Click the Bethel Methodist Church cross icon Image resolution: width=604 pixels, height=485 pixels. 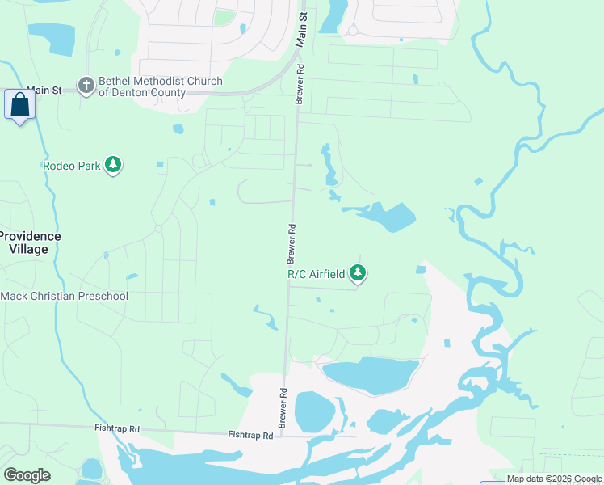pyautogui.click(x=86, y=85)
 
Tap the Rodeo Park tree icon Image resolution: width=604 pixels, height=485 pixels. pyautogui.click(x=114, y=166)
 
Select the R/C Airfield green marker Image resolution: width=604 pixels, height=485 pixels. pyautogui.click(x=358, y=274)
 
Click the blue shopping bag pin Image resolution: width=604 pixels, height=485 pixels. pyautogui.click(x=19, y=105)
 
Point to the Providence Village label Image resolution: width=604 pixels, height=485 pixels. pyautogui.click(x=30, y=242)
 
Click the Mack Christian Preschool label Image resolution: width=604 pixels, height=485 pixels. pyautogui.click(x=65, y=297)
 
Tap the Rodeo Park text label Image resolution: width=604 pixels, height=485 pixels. pyautogui.click(x=72, y=166)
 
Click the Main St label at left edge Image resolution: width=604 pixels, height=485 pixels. pyautogui.click(x=44, y=91)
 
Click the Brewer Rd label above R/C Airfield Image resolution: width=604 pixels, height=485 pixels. pyautogui.click(x=291, y=243)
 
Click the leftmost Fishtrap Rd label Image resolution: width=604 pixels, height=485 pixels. pyautogui.click(x=117, y=428)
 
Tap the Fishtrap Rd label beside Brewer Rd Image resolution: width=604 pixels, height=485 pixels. pyautogui.click(x=250, y=435)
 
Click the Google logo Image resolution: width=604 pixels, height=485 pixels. pyautogui.click(x=27, y=475)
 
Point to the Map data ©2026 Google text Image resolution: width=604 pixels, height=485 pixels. pyautogui.click(x=554, y=479)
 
